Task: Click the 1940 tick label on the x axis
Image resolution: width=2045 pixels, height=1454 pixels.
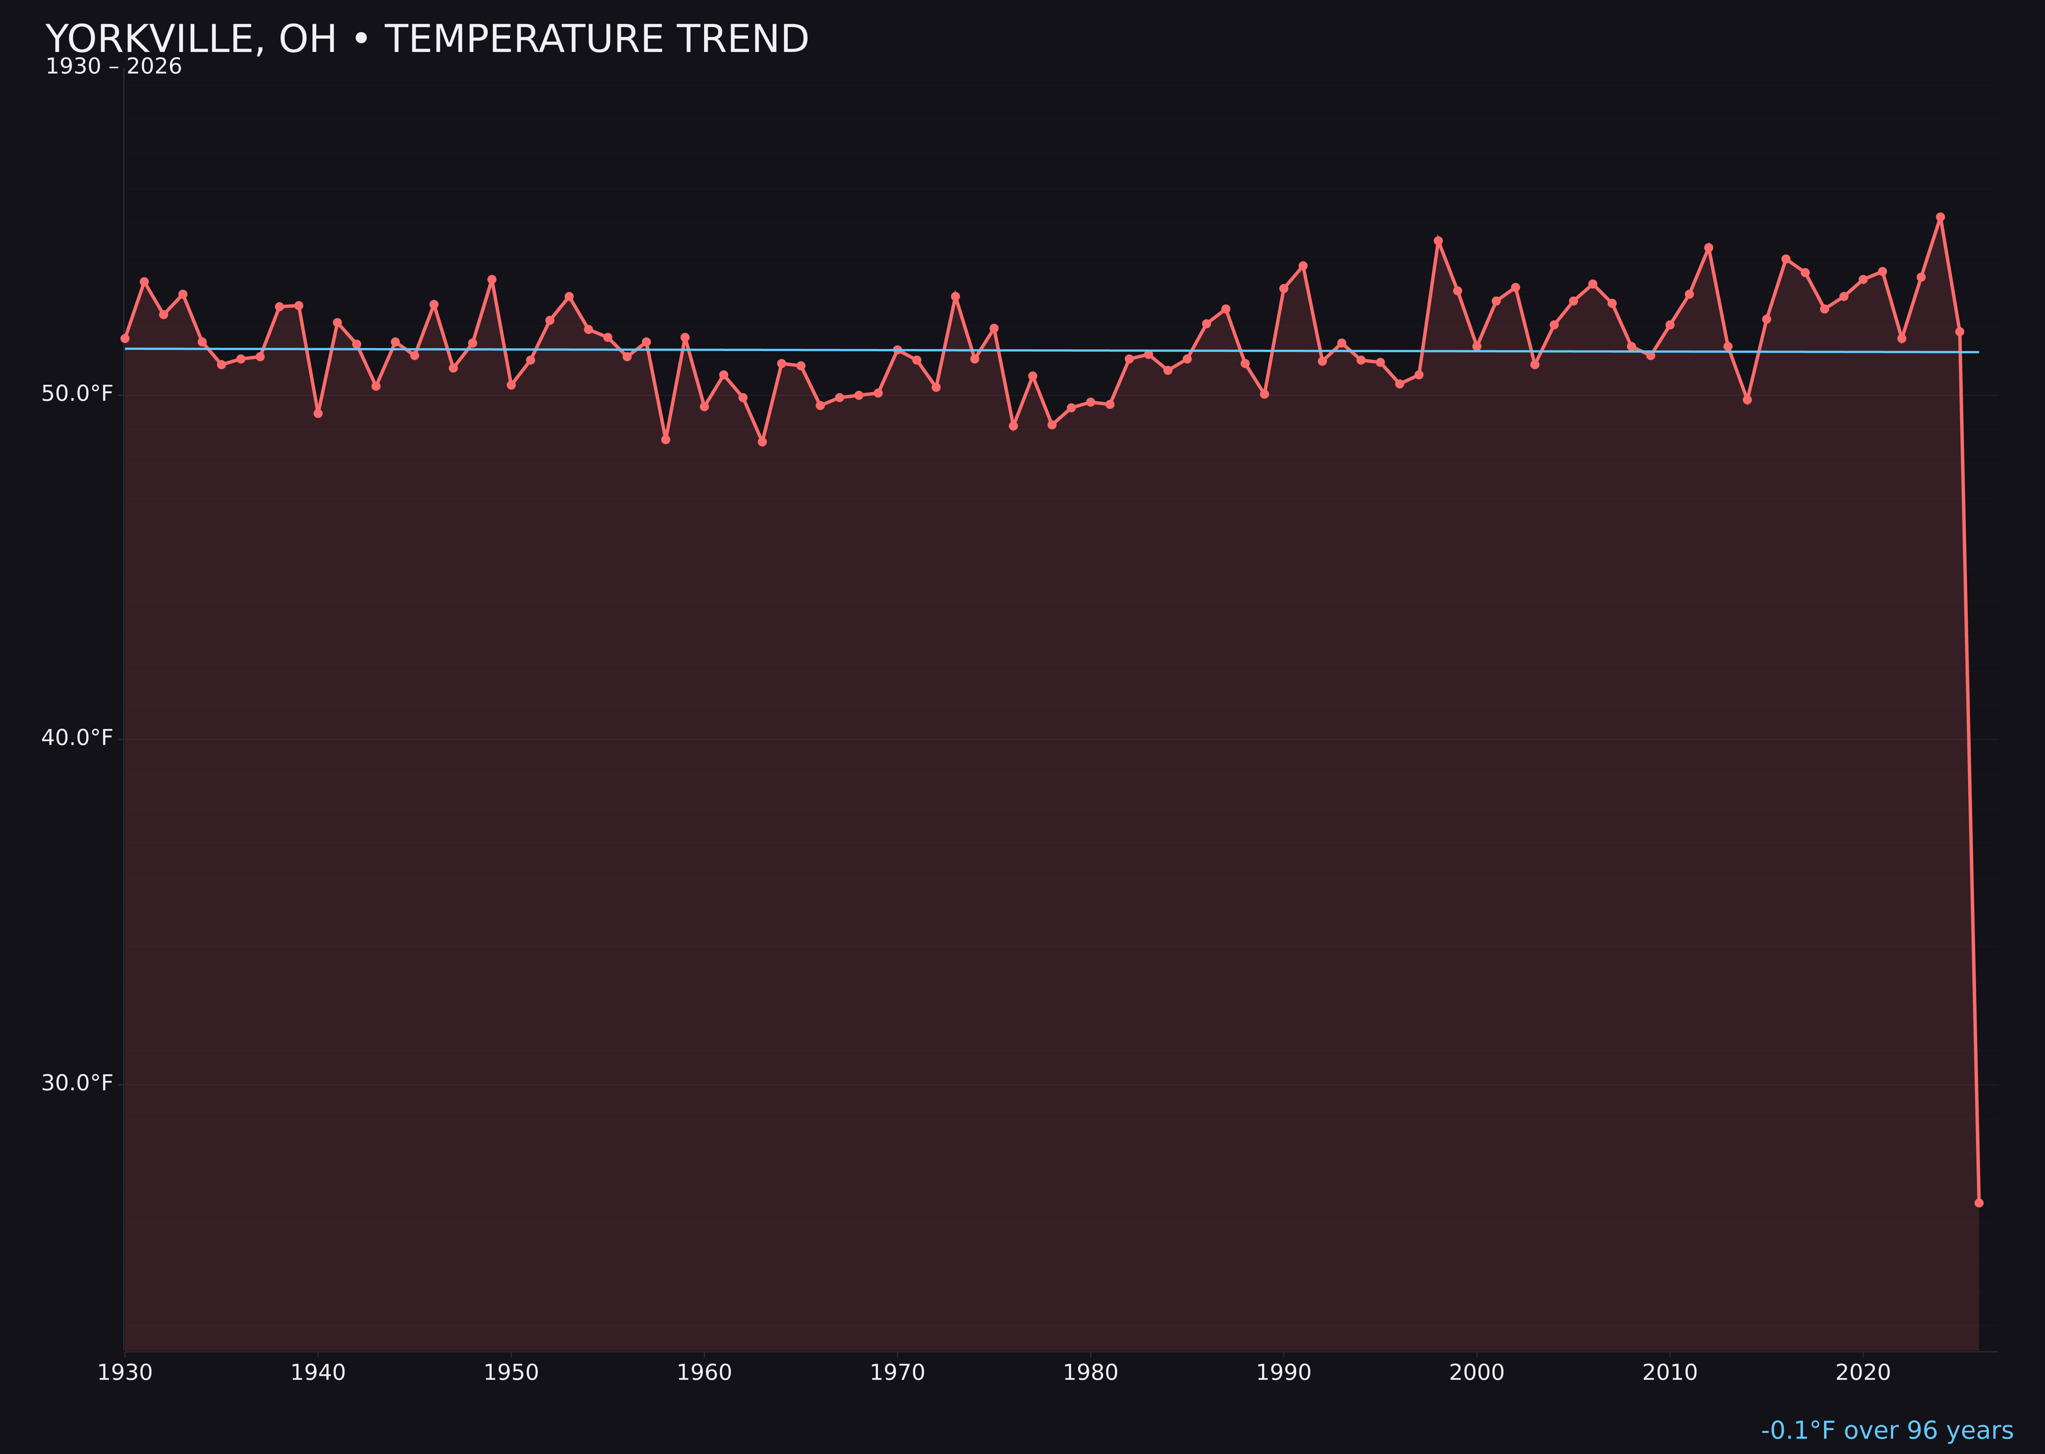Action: point(318,1373)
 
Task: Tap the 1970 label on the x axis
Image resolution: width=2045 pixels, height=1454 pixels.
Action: point(897,1373)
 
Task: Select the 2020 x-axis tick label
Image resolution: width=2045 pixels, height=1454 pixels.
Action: point(1862,1373)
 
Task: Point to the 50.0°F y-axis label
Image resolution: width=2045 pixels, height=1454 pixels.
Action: point(77,394)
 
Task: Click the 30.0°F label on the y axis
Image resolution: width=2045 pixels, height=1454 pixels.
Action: point(77,1083)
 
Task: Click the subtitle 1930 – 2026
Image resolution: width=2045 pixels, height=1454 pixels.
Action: point(113,67)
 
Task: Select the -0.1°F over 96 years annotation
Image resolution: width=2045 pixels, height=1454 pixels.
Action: point(1887,1430)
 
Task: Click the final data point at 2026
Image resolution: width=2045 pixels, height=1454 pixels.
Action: point(1979,1202)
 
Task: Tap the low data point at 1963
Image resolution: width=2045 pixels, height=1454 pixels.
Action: point(762,441)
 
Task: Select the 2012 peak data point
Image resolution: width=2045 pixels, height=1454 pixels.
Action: point(1709,247)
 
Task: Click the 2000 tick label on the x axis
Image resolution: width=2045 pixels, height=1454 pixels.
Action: point(1476,1373)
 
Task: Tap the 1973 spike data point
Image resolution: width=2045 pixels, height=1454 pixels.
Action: point(956,296)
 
